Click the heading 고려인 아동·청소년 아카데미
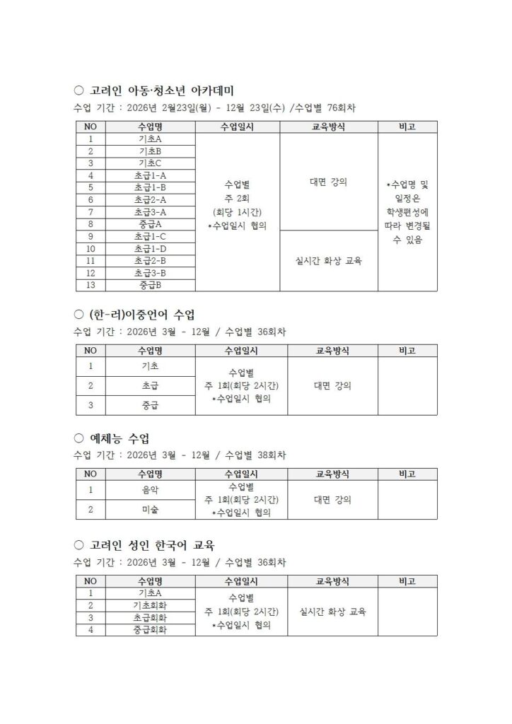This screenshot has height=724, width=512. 163,91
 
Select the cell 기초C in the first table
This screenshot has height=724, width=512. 150,163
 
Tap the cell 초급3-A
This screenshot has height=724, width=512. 150,211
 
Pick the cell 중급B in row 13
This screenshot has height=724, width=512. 150,285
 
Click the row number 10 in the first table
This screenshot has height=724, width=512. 91,248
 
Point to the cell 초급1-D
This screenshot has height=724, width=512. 150,248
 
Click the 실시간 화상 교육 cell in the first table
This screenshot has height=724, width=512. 328,261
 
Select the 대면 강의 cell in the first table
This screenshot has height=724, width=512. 328,182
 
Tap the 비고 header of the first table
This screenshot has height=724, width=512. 407,127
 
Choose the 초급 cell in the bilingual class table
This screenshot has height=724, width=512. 150,386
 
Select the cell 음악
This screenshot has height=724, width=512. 150,489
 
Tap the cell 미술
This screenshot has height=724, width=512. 150,509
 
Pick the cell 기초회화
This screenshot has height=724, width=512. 150,605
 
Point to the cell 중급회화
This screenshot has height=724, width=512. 150,630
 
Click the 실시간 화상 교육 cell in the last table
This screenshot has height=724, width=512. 332,612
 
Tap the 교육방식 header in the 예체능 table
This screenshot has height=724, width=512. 332,474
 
